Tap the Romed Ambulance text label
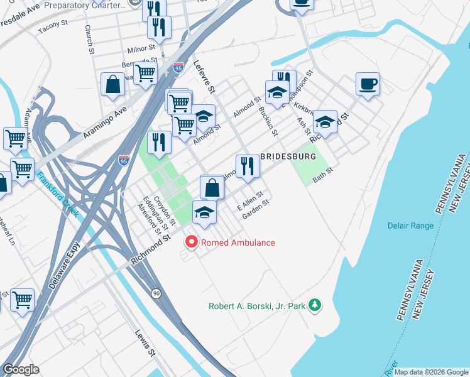[x=237, y=243]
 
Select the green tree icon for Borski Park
[x=315, y=306]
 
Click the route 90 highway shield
[x=155, y=293]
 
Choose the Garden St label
[x=256, y=208]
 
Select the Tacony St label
[x=53, y=26]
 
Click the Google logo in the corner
[x=21, y=369]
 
